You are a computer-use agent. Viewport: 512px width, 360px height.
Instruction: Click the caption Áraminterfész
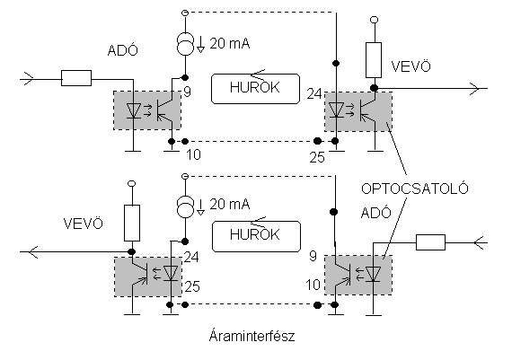tap(252, 336)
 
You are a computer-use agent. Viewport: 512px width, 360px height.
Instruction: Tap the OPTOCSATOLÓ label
tap(415, 188)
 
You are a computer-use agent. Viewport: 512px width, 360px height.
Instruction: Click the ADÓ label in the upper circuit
tap(122, 50)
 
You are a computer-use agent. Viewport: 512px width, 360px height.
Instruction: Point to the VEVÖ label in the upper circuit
tap(410, 66)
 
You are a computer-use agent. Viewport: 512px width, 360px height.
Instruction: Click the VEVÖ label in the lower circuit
tap(83, 224)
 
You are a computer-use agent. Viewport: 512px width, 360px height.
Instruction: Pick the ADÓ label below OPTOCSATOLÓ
tap(375, 213)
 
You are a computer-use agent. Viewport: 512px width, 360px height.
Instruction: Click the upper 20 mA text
tap(230, 43)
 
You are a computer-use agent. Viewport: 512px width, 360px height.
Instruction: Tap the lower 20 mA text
tap(230, 205)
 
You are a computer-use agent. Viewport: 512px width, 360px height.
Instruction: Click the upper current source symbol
tap(185, 44)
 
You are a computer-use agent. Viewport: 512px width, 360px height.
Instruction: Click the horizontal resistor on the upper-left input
tap(76, 78)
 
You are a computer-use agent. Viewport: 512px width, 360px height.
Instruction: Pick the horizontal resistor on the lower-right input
tap(430, 242)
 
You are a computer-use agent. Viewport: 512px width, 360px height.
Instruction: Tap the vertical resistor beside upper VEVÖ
tap(374, 60)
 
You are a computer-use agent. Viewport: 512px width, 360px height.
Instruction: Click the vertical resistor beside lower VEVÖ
tap(132, 223)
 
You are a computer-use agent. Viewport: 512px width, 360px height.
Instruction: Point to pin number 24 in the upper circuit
tap(314, 94)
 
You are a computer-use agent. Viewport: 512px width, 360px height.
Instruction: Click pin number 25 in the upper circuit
tap(317, 158)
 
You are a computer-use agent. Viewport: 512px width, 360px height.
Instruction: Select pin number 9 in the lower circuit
tap(313, 256)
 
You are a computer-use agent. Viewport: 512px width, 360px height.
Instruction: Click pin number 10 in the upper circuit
tap(193, 154)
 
